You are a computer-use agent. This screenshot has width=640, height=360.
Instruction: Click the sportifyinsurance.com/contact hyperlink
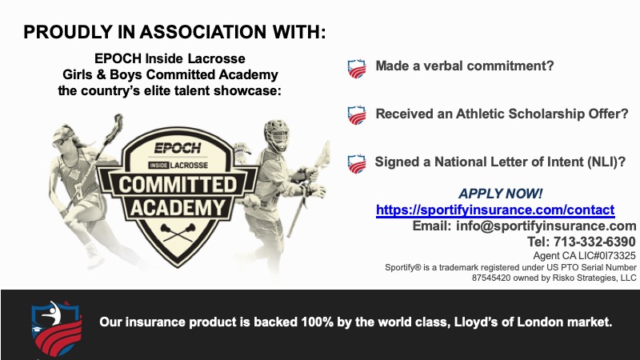click(x=495, y=210)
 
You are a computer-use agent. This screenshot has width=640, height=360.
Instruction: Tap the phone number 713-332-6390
click(x=594, y=242)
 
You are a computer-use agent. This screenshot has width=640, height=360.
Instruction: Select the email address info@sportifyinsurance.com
click(x=546, y=226)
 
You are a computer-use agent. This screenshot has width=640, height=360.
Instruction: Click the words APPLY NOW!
click(x=501, y=194)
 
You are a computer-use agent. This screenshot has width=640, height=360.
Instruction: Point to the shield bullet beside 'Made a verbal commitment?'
click(x=356, y=69)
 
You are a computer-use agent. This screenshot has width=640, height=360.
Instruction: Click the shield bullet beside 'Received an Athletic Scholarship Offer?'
click(x=356, y=115)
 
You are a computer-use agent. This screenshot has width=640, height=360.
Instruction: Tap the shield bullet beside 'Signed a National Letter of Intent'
click(x=356, y=164)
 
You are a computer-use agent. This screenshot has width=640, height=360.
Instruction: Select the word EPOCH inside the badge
click(x=178, y=148)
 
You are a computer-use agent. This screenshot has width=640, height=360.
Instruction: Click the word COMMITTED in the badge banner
click(x=178, y=185)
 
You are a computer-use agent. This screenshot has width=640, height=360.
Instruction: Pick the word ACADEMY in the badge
click(x=178, y=208)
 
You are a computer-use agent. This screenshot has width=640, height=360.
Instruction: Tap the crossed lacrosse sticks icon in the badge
click(x=178, y=232)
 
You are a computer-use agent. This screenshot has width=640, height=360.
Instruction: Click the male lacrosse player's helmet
click(x=276, y=135)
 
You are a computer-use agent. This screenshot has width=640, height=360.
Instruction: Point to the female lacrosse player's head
click(x=65, y=138)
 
